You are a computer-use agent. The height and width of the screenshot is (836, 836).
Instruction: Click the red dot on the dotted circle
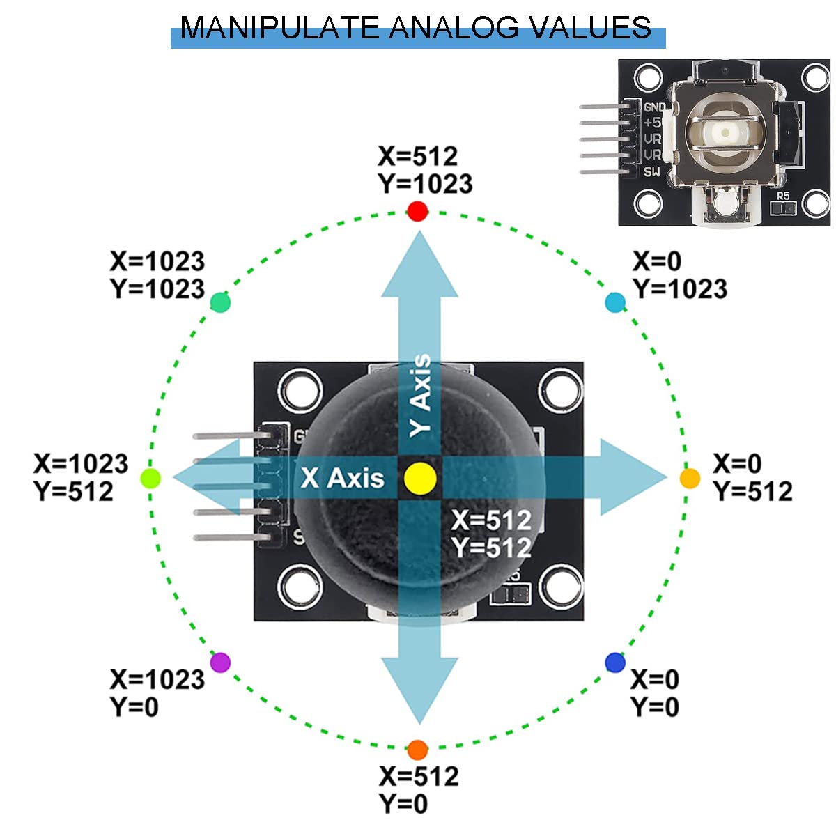point(417,211)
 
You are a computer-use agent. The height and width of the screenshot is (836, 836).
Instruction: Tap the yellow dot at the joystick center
point(420,479)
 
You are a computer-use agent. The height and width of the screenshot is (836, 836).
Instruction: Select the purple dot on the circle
point(220,662)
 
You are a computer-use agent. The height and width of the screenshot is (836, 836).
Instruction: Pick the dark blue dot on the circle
point(615,663)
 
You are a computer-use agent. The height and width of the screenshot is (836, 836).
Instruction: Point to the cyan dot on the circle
point(615,302)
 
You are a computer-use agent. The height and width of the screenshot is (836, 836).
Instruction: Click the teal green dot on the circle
point(220,302)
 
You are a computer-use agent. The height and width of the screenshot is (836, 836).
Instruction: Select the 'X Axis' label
point(342,479)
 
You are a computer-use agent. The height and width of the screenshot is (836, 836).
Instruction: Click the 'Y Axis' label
point(421,395)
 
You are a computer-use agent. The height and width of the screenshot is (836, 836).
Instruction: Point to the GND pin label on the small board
point(654,108)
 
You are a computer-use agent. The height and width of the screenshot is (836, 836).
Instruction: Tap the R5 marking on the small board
point(783,196)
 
